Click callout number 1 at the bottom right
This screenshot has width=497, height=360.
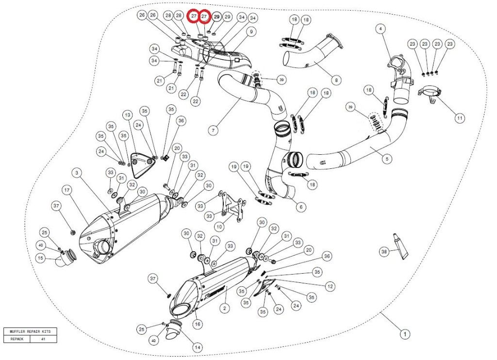coord(403,334)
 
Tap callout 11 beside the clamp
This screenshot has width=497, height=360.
coord(459,118)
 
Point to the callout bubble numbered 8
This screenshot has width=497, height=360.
coord(336,79)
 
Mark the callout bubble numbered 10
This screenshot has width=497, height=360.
coord(219,226)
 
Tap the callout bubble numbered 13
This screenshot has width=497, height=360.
coord(127,115)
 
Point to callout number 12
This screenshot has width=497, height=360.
coord(330,286)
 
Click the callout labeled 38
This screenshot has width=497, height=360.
coord(384,251)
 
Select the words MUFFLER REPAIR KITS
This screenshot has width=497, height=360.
coord(30,331)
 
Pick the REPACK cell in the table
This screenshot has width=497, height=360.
coord(17,339)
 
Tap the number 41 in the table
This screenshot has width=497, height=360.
coord(43,339)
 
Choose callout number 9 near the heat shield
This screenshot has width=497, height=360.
coord(251,32)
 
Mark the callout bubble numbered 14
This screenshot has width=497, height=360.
coord(198,347)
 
